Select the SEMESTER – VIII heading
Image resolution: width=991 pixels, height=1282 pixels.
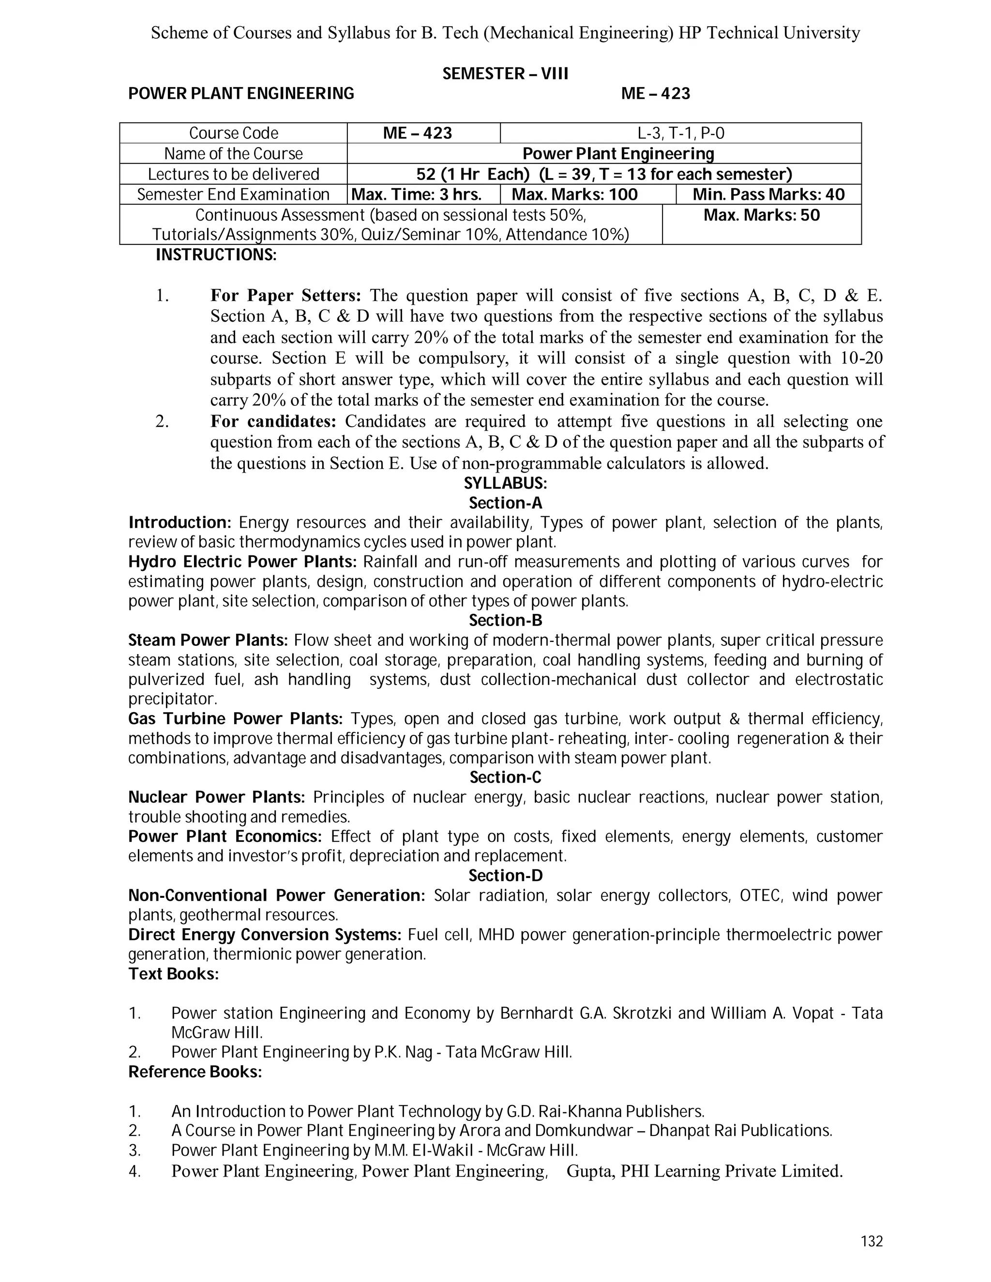click(x=505, y=74)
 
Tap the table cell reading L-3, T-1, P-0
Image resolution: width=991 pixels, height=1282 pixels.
click(x=680, y=133)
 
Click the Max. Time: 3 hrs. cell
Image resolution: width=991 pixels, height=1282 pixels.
click(x=423, y=194)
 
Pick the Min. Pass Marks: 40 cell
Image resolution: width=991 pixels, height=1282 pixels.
click(x=768, y=194)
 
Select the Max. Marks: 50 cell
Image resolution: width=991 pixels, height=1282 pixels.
click(x=762, y=215)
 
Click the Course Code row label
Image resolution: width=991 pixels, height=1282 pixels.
click(x=233, y=133)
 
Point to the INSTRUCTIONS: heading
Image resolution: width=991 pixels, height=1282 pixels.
click(x=215, y=255)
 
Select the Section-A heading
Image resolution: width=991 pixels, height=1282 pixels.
click(x=505, y=503)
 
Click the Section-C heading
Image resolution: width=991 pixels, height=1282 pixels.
click(x=505, y=777)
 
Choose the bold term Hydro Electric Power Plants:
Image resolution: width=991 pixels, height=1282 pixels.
click(x=242, y=562)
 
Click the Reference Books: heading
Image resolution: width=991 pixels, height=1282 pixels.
click(x=195, y=1072)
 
